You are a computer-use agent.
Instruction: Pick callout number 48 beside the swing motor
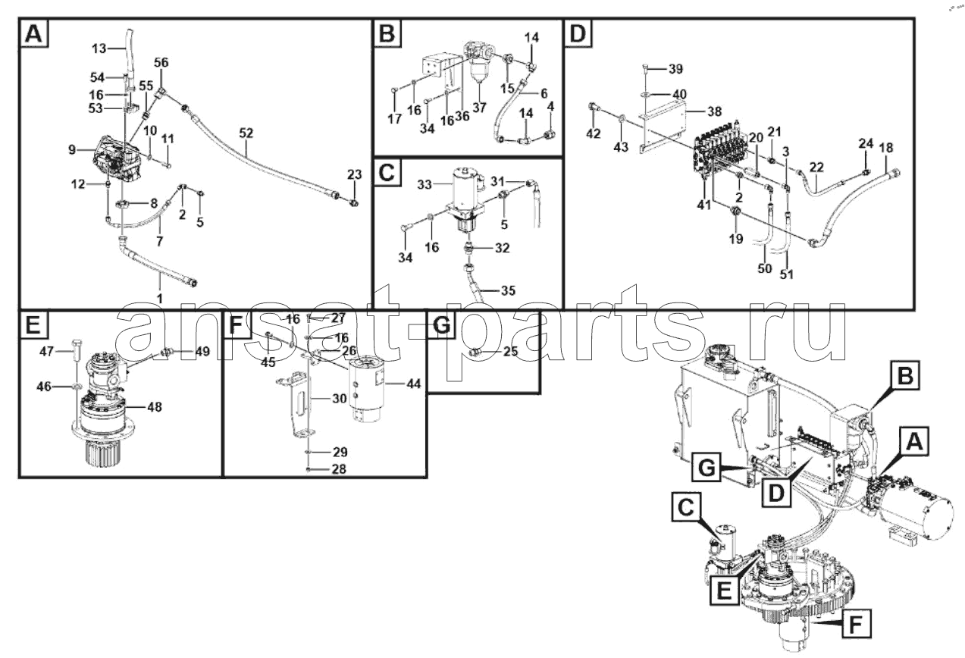pyautogui.click(x=155, y=406)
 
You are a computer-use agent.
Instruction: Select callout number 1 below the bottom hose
pyautogui.click(x=159, y=299)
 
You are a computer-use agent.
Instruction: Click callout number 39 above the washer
pyautogui.click(x=675, y=69)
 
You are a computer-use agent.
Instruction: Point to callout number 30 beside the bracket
pyautogui.click(x=340, y=399)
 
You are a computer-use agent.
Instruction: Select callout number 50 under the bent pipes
pyautogui.click(x=764, y=269)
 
